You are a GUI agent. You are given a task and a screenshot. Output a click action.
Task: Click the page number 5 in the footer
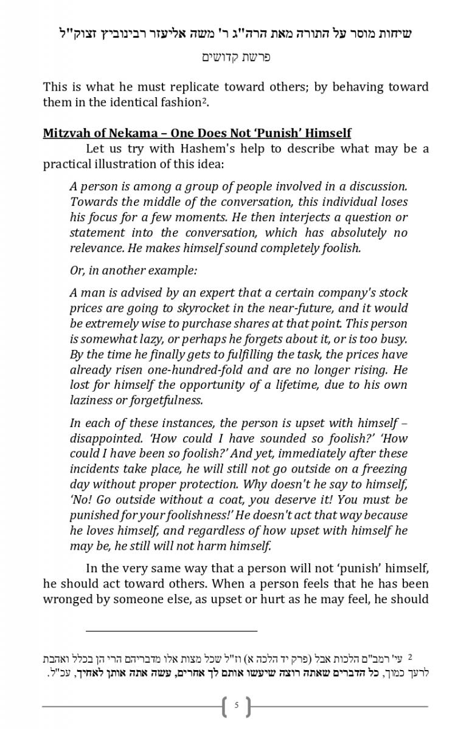pyautogui.click(x=236, y=706)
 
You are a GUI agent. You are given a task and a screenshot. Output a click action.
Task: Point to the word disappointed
pyautogui.click(x=106, y=438)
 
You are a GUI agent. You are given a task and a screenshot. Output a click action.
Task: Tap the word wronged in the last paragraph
pyautogui.click(x=68, y=600)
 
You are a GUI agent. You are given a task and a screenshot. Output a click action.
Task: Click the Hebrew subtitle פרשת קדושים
pyautogui.click(x=236, y=58)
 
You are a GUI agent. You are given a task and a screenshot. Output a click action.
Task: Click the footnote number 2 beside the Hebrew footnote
pyautogui.click(x=410, y=657)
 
